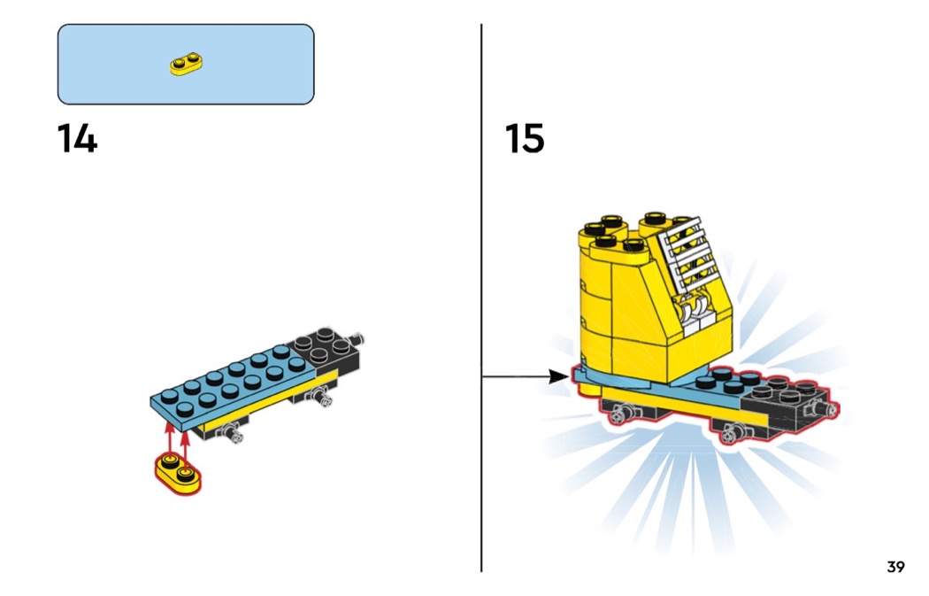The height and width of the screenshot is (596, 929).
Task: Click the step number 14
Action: tap(77, 139)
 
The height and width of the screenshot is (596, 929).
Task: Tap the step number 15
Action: tap(525, 139)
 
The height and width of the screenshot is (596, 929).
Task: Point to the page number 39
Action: tap(895, 567)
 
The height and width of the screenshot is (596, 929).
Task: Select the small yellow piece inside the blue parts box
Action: tap(186, 65)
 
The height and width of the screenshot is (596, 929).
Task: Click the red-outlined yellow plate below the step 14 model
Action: tap(178, 471)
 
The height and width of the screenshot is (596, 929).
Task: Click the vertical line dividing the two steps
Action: tap(481, 266)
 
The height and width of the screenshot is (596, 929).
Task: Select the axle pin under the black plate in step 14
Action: tap(321, 400)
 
